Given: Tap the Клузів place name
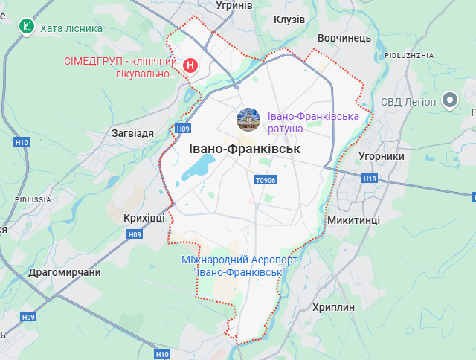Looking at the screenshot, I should [289, 19].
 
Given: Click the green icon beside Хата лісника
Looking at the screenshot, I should [27, 28].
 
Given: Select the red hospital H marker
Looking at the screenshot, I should [190, 66].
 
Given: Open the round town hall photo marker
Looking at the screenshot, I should [248, 118].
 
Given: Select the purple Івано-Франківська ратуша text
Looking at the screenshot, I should [313, 123].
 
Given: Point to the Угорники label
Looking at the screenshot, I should [381, 157].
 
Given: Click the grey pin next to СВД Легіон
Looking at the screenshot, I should [449, 100].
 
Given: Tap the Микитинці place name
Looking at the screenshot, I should [353, 221].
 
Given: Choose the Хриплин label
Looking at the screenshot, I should [334, 307].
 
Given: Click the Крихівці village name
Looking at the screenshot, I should [144, 217].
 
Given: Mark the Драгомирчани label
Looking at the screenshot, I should [64, 272].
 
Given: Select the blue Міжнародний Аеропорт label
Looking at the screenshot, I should [239, 266].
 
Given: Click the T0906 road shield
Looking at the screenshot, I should [265, 180].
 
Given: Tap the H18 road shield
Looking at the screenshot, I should [370, 179].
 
